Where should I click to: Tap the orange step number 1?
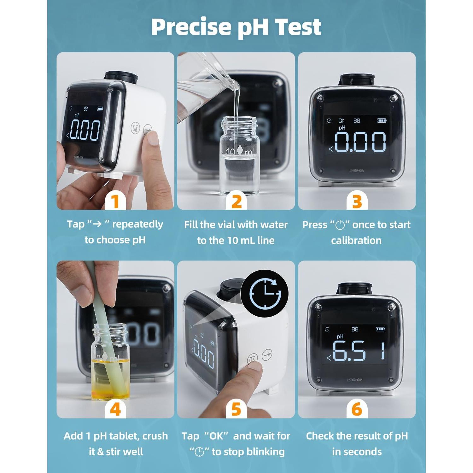tap(115, 201)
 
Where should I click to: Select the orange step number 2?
tap(237, 201)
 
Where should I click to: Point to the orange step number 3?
tap(357, 201)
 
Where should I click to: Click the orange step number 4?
tap(115, 409)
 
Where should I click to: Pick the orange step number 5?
tap(236, 409)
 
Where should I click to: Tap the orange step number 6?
tap(357, 409)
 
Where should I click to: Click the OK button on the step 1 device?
tap(135, 128)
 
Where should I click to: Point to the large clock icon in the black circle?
tap(265, 294)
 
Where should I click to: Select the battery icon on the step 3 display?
tap(382, 120)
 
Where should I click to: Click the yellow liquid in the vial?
tap(110, 378)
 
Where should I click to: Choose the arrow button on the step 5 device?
tap(267, 354)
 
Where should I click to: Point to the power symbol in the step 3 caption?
tap(340, 225)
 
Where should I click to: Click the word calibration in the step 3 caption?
tap(356, 241)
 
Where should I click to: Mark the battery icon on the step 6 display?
tap(380, 329)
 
